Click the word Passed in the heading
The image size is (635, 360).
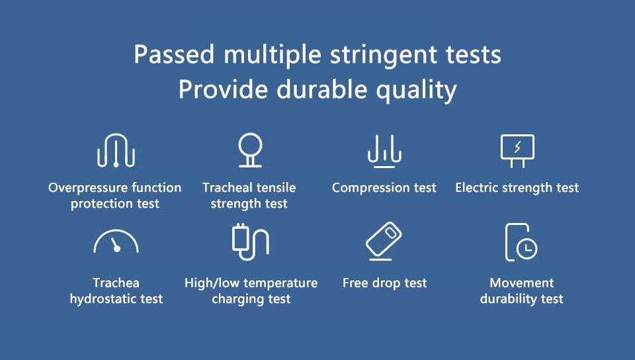(x=174, y=54)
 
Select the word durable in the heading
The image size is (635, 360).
(x=321, y=89)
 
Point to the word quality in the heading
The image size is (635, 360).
(x=416, y=90)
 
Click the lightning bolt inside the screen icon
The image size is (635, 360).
(x=517, y=147)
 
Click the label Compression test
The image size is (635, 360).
(x=384, y=187)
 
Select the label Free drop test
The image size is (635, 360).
(x=385, y=283)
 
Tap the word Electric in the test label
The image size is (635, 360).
(x=476, y=187)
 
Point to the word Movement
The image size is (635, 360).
(x=522, y=283)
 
